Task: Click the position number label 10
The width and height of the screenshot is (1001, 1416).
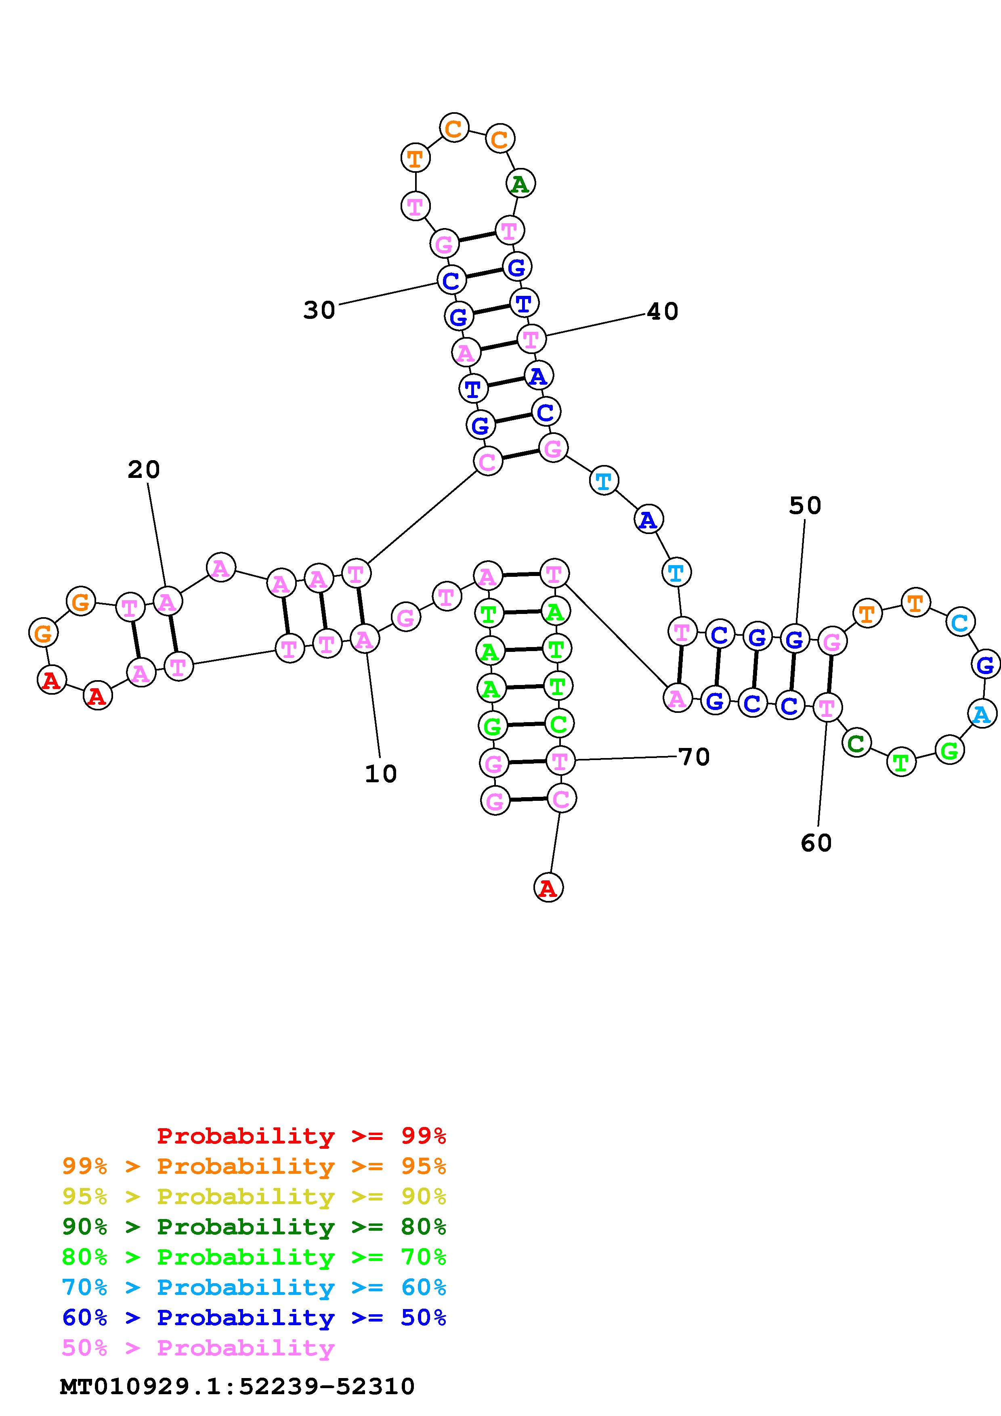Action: tap(380, 773)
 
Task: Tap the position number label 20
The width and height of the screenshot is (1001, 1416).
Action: tap(144, 470)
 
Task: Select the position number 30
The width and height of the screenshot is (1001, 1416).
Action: tap(319, 310)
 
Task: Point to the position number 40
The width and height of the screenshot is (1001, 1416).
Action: tap(662, 312)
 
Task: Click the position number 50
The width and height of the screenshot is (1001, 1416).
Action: tap(805, 506)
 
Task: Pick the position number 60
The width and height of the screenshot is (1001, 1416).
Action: tap(816, 842)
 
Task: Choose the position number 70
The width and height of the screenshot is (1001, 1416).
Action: tap(694, 757)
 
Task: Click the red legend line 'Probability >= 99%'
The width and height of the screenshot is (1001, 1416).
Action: tap(302, 1135)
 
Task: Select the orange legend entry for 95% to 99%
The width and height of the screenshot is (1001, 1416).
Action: tap(254, 1166)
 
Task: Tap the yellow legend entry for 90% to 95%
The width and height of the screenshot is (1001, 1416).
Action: tap(254, 1196)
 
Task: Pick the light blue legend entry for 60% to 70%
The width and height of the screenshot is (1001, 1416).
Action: tap(254, 1287)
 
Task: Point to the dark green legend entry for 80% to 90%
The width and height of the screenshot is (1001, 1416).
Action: tap(254, 1227)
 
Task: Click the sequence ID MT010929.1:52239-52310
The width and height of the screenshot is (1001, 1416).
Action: tap(237, 1387)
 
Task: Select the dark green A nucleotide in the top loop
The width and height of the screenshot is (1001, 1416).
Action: tap(520, 183)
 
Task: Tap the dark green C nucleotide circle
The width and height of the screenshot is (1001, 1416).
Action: tap(856, 743)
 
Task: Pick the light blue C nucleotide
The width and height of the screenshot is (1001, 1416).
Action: tap(960, 622)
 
